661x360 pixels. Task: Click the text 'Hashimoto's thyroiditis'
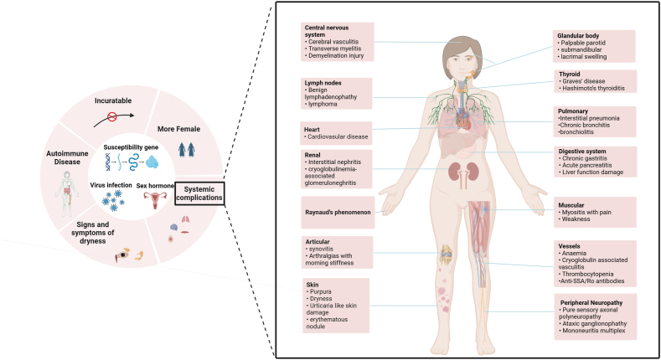click(x=593, y=90)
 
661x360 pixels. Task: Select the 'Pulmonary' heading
click(x=574, y=111)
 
